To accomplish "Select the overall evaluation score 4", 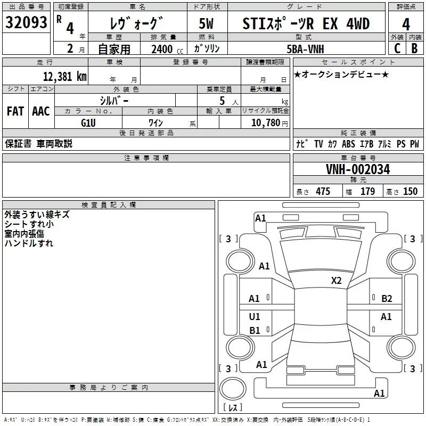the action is click(x=406, y=24).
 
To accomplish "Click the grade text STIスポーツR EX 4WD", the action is click(x=306, y=24).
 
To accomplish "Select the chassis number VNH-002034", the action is click(x=358, y=169).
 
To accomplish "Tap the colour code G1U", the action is click(x=88, y=122).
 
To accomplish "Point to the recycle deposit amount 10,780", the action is click(x=265, y=123).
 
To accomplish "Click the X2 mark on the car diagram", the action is click(x=336, y=281).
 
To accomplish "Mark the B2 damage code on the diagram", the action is click(x=387, y=299).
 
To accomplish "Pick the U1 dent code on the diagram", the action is click(x=255, y=317).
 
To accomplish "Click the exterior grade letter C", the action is click(x=397, y=48).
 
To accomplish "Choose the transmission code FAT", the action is click(x=15, y=111).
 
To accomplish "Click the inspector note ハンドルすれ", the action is click(x=29, y=243).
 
